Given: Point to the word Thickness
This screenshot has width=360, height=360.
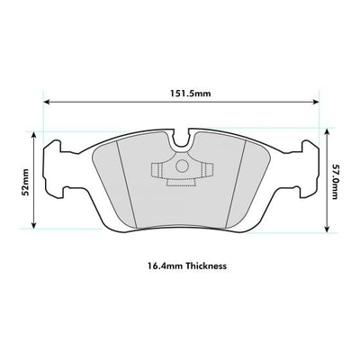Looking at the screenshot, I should click(206, 266).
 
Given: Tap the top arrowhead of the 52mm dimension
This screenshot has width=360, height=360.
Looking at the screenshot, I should click(35, 135).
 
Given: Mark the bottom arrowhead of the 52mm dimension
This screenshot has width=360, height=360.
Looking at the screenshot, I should click(35, 225).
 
